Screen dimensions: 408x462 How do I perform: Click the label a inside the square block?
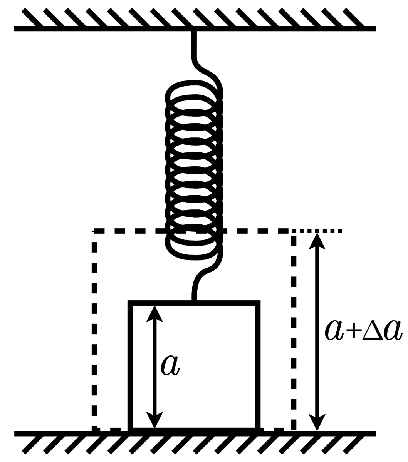(x=170, y=365)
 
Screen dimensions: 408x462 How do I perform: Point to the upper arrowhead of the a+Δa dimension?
(x=317, y=241)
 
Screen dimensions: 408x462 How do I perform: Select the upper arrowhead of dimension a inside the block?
(x=154, y=314)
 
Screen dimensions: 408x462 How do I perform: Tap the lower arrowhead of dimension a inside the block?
(x=154, y=420)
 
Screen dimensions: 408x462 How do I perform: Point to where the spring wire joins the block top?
(x=194, y=301)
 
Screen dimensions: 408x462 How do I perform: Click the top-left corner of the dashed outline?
(x=94, y=231)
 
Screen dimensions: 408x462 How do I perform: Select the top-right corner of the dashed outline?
(x=294, y=231)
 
